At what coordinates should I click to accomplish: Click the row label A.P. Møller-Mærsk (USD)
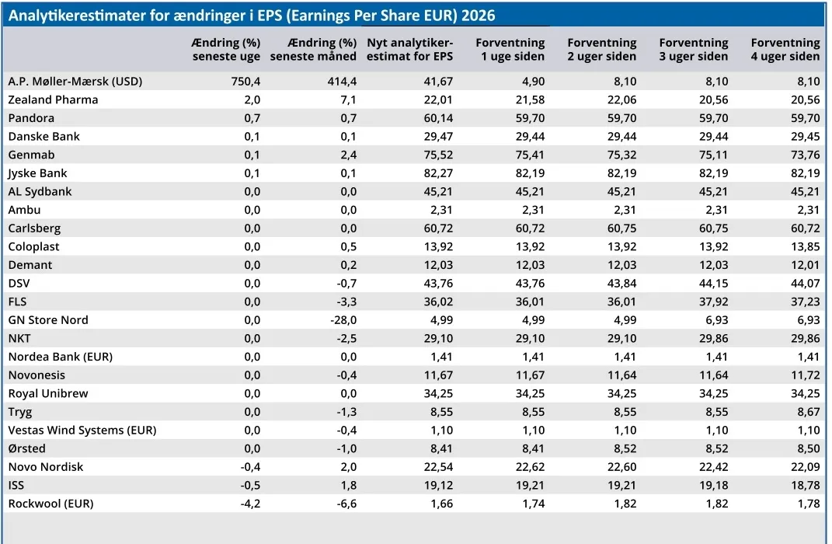click(x=75, y=81)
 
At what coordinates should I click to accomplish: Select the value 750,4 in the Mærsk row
click(x=245, y=81)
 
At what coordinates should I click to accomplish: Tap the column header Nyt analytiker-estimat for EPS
click(x=409, y=50)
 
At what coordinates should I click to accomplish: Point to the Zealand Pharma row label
click(x=53, y=99)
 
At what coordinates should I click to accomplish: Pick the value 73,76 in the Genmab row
click(x=805, y=155)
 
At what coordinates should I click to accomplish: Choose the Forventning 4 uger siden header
click(x=785, y=50)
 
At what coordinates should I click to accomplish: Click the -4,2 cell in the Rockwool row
click(x=250, y=504)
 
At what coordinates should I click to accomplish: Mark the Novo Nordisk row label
click(x=46, y=467)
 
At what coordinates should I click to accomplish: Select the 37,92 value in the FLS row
click(x=713, y=302)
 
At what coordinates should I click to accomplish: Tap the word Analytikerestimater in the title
click(x=78, y=16)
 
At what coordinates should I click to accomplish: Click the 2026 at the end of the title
click(x=478, y=16)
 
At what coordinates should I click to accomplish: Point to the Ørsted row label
click(x=26, y=448)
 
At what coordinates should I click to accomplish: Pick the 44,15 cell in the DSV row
click(x=713, y=284)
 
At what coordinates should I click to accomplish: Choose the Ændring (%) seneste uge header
click(x=226, y=50)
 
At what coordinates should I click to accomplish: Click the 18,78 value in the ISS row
click(x=805, y=485)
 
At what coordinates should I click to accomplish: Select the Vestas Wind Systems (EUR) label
click(x=82, y=431)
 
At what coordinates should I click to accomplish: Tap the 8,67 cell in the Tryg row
click(x=808, y=412)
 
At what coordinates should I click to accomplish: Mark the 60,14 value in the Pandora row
click(x=438, y=118)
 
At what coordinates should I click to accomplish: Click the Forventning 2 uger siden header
click(x=602, y=50)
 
